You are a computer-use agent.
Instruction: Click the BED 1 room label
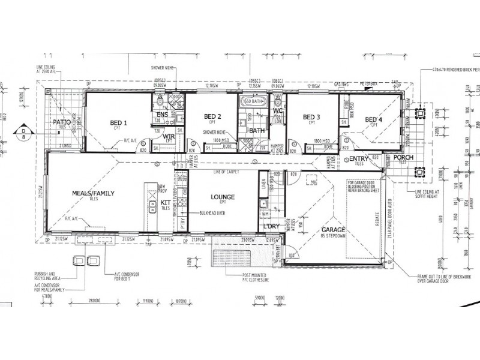[x=118, y=124]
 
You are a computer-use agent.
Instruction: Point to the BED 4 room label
[x=373, y=119]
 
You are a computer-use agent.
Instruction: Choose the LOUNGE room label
[x=222, y=197]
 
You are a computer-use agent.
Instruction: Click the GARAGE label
[x=332, y=230]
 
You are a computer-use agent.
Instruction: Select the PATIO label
[x=62, y=122]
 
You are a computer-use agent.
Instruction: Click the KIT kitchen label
[x=166, y=203]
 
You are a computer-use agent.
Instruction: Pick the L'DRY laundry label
[x=273, y=226]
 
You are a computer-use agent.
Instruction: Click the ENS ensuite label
[x=163, y=115]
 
